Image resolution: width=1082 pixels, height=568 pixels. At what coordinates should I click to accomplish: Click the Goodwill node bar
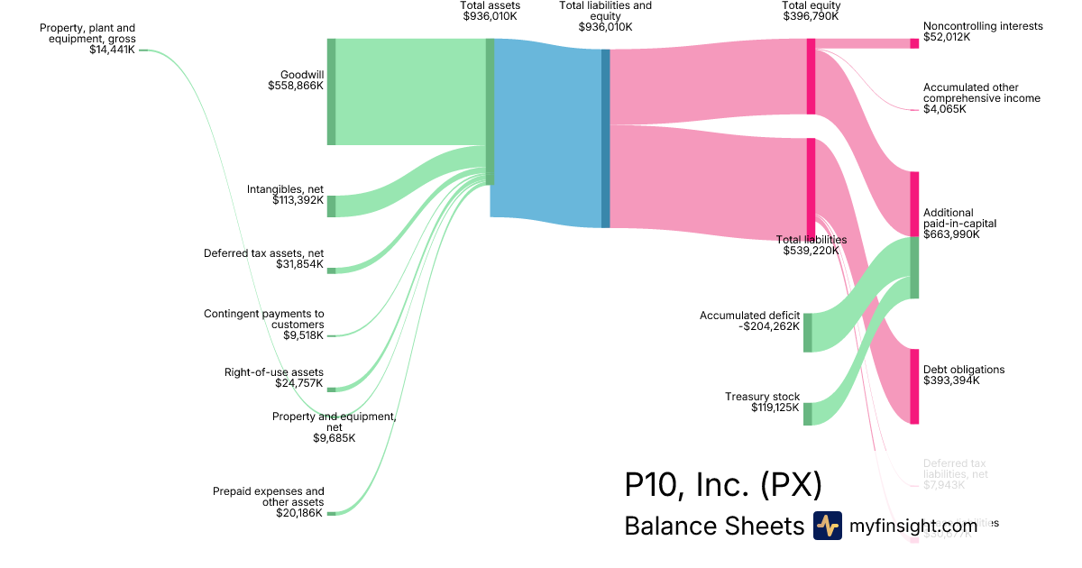click(x=331, y=92)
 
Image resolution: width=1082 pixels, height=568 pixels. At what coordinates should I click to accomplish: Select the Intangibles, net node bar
click(x=331, y=206)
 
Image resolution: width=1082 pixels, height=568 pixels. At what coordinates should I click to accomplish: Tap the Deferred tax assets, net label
click(x=263, y=253)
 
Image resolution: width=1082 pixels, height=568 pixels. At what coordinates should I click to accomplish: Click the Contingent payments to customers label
click(x=264, y=319)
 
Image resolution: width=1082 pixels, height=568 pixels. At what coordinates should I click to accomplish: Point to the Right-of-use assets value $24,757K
click(x=299, y=383)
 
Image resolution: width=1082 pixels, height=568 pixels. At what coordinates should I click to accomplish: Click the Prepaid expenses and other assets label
click(x=269, y=497)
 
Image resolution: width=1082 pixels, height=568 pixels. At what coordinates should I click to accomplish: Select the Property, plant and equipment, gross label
click(x=87, y=33)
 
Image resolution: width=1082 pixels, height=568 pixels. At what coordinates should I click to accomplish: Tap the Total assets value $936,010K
click(x=490, y=16)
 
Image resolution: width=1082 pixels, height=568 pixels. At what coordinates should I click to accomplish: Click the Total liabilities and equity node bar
click(x=606, y=138)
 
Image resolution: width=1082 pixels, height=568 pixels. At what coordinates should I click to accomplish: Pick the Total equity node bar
click(x=811, y=77)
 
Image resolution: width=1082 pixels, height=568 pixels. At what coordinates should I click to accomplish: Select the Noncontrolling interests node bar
click(x=914, y=43)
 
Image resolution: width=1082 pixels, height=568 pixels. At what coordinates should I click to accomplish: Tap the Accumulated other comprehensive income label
click(x=981, y=92)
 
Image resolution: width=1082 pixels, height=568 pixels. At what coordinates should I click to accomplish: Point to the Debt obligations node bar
click(x=914, y=386)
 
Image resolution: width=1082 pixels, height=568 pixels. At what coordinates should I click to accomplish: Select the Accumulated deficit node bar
click(x=808, y=333)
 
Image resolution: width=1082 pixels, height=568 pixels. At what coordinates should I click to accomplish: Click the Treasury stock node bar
click(x=808, y=414)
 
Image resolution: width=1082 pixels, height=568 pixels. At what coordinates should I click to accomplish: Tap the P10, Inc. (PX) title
click(x=723, y=484)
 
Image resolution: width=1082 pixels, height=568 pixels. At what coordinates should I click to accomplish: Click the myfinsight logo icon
click(x=827, y=526)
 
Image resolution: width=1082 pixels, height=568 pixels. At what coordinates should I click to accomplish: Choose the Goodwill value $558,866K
click(x=296, y=86)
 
